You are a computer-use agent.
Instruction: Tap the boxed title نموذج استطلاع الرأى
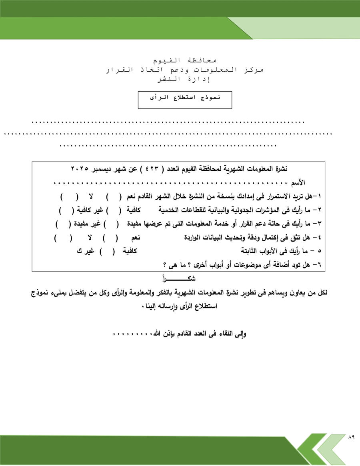click(x=185, y=98)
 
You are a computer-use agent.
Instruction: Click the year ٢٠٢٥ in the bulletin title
click(x=80, y=168)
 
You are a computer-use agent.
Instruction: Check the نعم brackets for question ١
click(x=114, y=197)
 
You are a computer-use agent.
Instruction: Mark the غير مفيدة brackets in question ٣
click(x=63, y=223)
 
